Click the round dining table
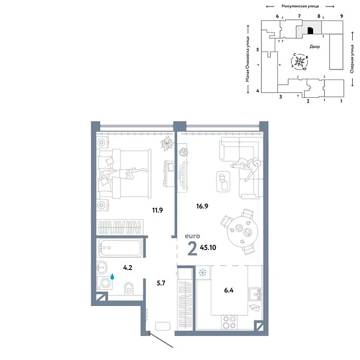(243, 229)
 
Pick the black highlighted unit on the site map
(310, 31)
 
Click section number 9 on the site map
(341, 16)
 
